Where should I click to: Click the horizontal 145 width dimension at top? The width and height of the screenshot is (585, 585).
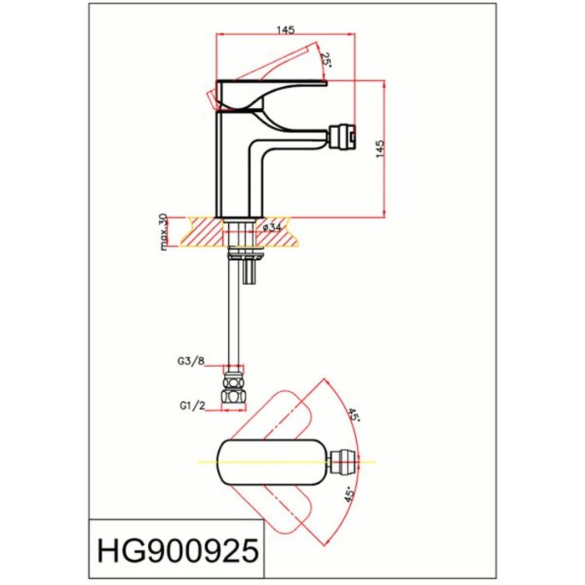[285, 29]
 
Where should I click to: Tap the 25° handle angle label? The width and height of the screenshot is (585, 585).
[327, 61]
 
